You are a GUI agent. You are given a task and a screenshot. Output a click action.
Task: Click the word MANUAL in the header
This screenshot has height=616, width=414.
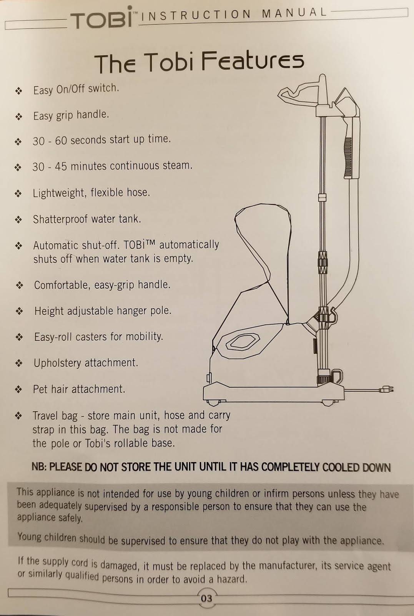click(294, 13)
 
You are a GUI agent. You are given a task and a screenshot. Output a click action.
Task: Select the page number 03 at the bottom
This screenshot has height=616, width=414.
click(206, 598)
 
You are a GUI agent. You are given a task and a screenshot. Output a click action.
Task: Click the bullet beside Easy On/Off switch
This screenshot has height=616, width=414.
click(18, 91)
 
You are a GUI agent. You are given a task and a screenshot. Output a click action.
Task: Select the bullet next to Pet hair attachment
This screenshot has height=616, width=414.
click(18, 390)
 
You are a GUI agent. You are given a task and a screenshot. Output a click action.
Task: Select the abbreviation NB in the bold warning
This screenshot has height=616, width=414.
click(38, 467)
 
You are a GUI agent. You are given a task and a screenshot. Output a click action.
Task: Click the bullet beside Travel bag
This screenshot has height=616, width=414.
click(18, 416)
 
